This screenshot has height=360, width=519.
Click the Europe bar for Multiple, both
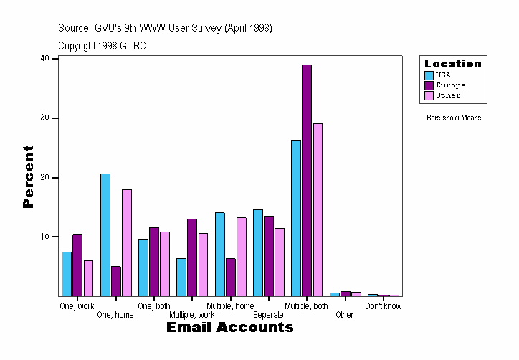(307, 180)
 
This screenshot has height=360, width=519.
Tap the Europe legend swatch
(429, 85)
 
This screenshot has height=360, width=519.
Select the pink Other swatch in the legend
(429, 95)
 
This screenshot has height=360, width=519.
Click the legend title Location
(453, 64)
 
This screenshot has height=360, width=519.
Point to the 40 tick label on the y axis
(44, 58)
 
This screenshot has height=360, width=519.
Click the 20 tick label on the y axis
(44, 177)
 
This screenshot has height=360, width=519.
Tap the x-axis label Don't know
(384, 306)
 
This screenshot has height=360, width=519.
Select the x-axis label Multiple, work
(192, 315)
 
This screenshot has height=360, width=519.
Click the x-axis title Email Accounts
(230, 328)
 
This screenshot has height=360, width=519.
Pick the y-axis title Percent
(29, 176)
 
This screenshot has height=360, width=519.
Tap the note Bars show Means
(454, 118)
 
